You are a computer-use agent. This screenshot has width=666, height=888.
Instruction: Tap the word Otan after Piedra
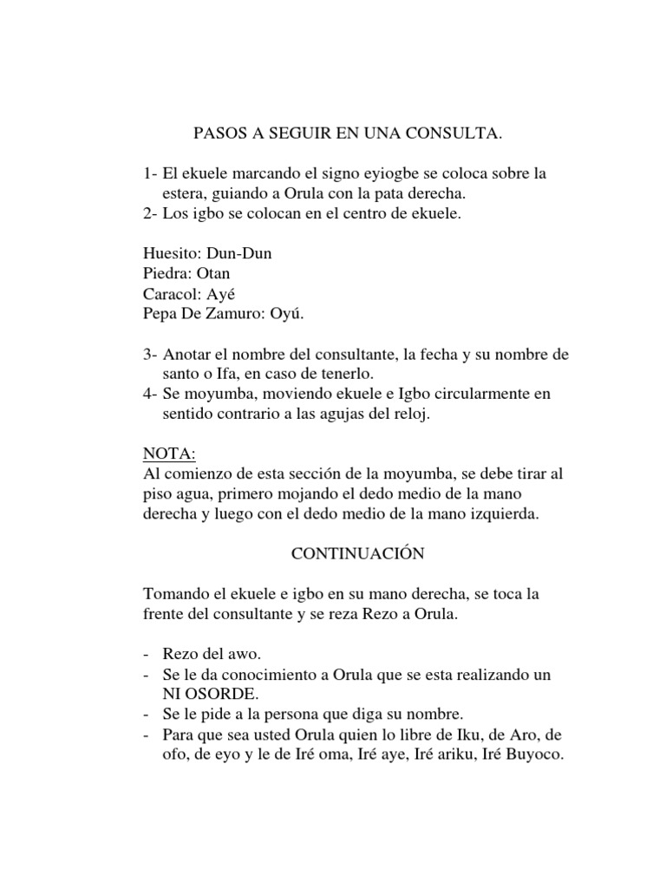click(212, 273)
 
